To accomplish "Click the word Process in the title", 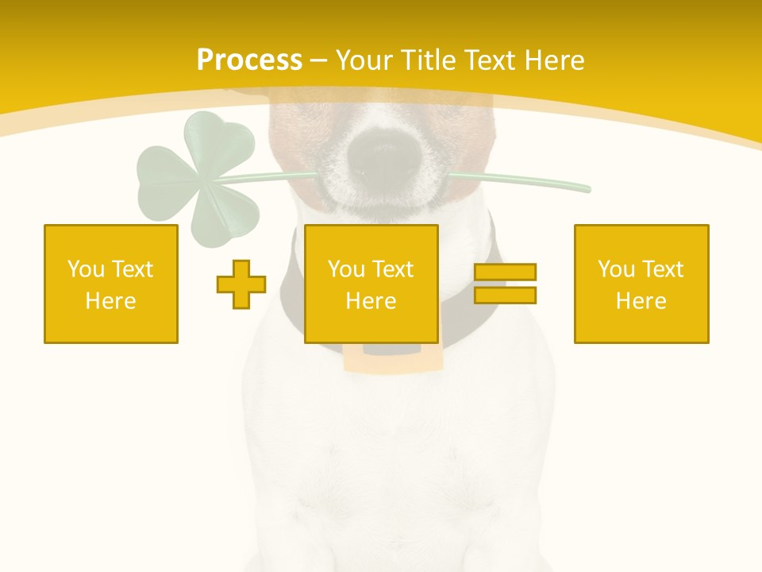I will (249, 60).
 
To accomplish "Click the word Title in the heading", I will (426, 60).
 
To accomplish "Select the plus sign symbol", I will (241, 284).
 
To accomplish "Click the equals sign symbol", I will (505, 284).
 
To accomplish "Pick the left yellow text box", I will (111, 284).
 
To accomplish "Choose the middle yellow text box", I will (371, 284).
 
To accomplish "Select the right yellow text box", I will (641, 284).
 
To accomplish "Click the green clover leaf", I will (198, 175).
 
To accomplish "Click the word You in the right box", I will (615, 269).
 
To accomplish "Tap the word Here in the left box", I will (111, 301).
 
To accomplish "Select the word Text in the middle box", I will (393, 269).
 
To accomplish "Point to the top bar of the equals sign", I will (505, 272).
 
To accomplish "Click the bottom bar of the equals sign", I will (505, 295).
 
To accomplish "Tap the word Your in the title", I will (362, 60).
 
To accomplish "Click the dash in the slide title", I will (318, 60).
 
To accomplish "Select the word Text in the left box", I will (132, 269).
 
